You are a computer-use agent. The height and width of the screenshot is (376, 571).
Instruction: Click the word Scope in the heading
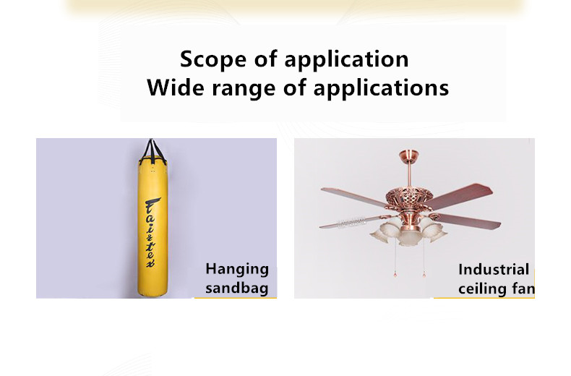pos(213,59)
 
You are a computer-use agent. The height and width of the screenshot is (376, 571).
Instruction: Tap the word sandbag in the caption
pos(236,288)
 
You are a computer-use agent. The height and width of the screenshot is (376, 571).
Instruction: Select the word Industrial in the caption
pos(494,270)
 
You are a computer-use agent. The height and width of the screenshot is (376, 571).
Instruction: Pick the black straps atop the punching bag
pos(153,150)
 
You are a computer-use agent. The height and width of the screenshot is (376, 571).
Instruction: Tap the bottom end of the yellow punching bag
pos(153,294)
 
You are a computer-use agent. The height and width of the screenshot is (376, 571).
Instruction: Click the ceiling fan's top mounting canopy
pos(408,155)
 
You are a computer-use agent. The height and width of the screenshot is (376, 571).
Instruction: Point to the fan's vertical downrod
pos(409,176)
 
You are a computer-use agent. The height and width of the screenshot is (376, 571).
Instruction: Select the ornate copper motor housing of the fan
pos(408,201)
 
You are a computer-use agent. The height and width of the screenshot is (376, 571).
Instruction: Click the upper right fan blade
pos(460,197)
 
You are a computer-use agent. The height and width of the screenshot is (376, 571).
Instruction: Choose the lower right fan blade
pos(467,221)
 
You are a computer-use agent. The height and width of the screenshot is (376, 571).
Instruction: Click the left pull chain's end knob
pos(395,274)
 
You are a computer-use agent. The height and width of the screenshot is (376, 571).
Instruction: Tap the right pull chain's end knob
pos(424,275)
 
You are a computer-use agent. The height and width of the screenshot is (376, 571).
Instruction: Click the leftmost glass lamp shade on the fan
pos(382,232)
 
